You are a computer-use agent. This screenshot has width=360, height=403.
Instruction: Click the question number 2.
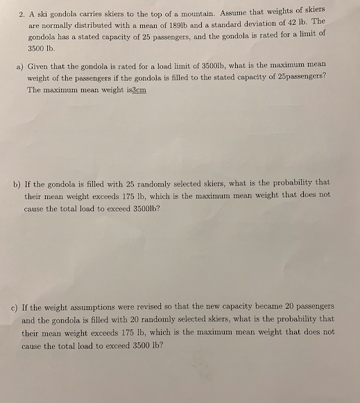(22, 13)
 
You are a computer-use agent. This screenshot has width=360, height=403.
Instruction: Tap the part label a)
(19, 67)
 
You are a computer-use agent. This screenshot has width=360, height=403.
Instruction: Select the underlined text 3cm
(138, 90)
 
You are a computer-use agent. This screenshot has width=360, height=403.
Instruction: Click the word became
(266, 305)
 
